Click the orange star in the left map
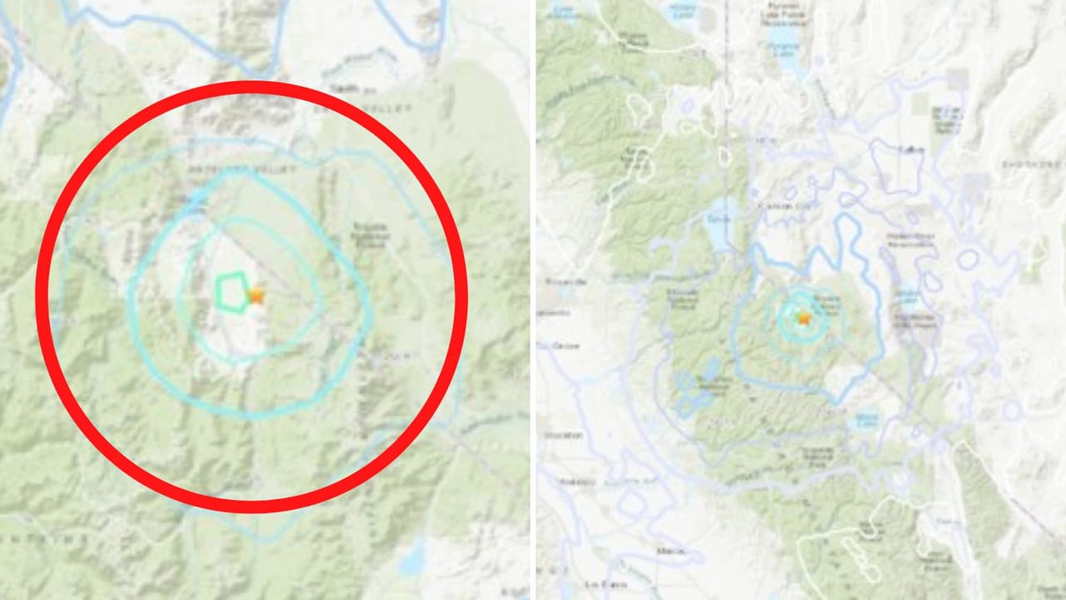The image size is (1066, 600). pos(256,295)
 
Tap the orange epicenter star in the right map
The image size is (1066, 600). pos(804,317)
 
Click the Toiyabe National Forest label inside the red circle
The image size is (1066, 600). pos(369,234)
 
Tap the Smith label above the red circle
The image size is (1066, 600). pos(344,87)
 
